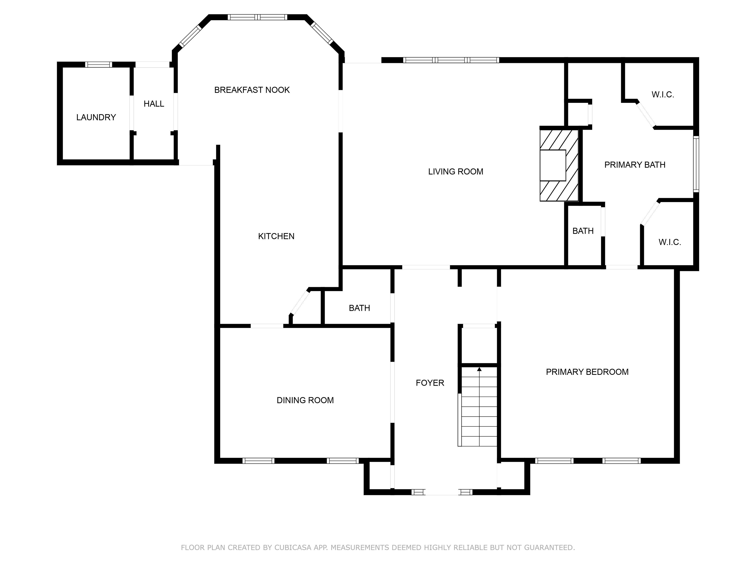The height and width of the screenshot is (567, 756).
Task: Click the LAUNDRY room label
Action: pyautogui.click(x=96, y=117)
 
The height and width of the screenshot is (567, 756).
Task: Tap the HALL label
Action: pyautogui.click(x=154, y=104)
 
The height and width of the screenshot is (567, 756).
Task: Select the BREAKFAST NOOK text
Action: pyautogui.click(x=252, y=90)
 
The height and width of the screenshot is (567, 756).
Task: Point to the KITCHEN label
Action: pyautogui.click(x=276, y=236)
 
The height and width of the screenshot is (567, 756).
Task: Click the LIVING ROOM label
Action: pyautogui.click(x=456, y=172)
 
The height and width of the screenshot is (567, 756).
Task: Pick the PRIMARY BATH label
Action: pyautogui.click(x=635, y=165)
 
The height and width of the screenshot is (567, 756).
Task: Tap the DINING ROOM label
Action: pyautogui.click(x=305, y=400)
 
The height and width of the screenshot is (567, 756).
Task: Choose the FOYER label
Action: pyautogui.click(x=430, y=383)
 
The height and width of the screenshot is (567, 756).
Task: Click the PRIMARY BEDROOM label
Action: pyautogui.click(x=587, y=372)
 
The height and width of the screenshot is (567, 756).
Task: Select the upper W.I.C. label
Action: pyautogui.click(x=663, y=95)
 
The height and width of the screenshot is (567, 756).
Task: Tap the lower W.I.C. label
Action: pyautogui.click(x=670, y=242)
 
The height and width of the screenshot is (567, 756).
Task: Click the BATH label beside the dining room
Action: pyautogui.click(x=360, y=308)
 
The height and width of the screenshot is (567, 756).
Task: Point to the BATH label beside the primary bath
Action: pyautogui.click(x=583, y=231)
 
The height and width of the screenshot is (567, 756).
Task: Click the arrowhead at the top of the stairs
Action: pyautogui.click(x=479, y=369)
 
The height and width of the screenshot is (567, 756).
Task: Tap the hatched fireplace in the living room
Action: pyautogui.click(x=559, y=165)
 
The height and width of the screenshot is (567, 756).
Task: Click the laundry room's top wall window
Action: pyautogui.click(x=98, y=64)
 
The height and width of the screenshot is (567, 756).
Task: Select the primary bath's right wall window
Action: pyautogui.click(x=696, y=164)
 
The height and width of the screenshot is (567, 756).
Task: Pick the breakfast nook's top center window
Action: pyautogui.click(x=258, y=17)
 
